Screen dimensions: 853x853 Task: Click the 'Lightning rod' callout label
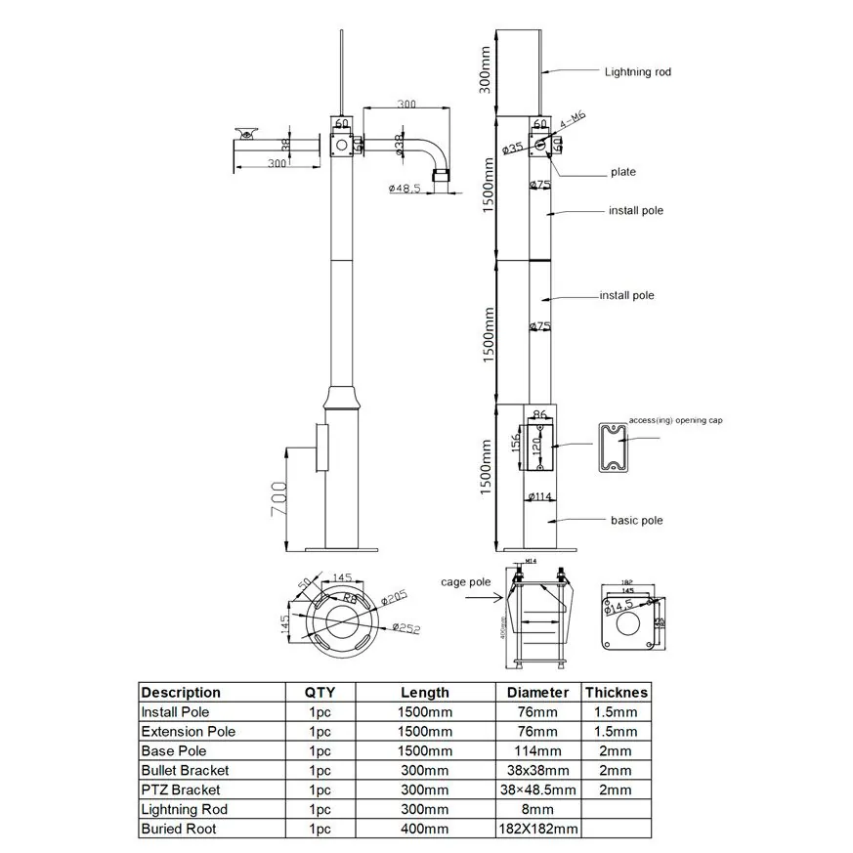tap(637, 71)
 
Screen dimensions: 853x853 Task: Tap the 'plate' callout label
tap(621, 172)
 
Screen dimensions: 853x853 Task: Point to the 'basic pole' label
tap(636, 520)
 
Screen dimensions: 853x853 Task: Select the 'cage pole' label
tap(465, 581)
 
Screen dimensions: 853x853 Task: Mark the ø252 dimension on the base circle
tap(405, 628)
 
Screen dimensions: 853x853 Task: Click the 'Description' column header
tap(181, 692)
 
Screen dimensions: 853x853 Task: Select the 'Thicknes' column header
tap(617, 692)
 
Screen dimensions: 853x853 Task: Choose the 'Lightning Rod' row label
tap(184, 809)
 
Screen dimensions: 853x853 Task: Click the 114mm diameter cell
tap(537, 750)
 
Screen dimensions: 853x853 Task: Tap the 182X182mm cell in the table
tap(537, 829)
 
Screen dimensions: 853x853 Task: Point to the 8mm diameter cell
tap(537, 809)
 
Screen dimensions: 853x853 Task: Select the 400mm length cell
tap(424, 829)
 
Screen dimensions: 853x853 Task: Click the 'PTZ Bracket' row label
tap(181, 789)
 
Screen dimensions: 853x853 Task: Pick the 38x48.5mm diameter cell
tap(537, 789)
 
